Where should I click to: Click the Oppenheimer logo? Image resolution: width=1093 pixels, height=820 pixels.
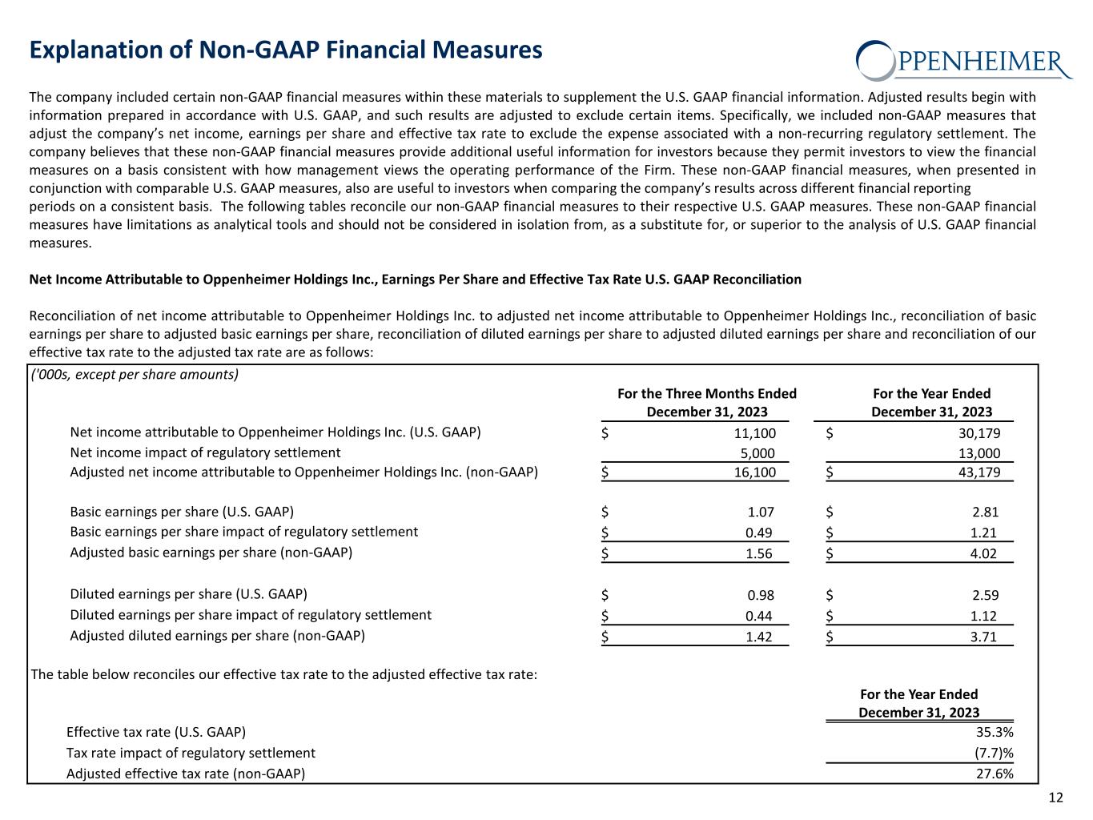tap(964, 60)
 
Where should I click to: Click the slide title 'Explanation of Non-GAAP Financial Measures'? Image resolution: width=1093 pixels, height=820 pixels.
tap(286, 50)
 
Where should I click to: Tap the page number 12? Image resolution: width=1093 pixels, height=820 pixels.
tap(1056, 797)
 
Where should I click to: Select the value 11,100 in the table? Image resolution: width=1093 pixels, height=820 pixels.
tap(754, 433)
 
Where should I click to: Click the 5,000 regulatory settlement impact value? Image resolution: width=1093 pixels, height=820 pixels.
tap(758, 454)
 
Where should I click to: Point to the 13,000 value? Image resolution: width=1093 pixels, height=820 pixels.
tap(978, 454)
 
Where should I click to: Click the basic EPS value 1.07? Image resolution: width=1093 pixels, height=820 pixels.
tap(761, 512)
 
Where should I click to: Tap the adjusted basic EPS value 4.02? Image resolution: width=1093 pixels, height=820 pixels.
tap(985, 553)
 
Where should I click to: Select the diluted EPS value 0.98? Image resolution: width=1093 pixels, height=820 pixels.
tap(761, 595)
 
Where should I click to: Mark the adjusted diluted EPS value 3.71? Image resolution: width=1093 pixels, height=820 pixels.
tap(985, 637)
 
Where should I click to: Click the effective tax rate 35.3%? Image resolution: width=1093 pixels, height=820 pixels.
tap(995, 732)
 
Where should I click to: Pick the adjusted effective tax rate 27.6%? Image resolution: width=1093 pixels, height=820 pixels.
tap(995, 774)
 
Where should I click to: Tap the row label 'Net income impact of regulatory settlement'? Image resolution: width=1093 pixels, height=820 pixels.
tap(205, 452)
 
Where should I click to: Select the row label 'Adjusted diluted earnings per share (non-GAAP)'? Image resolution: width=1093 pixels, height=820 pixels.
tap(217, 636)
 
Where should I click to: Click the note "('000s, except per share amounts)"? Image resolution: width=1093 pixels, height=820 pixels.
tap(135, 375)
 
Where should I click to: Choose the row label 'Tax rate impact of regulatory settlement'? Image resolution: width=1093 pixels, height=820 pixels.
tap(191, 753)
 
